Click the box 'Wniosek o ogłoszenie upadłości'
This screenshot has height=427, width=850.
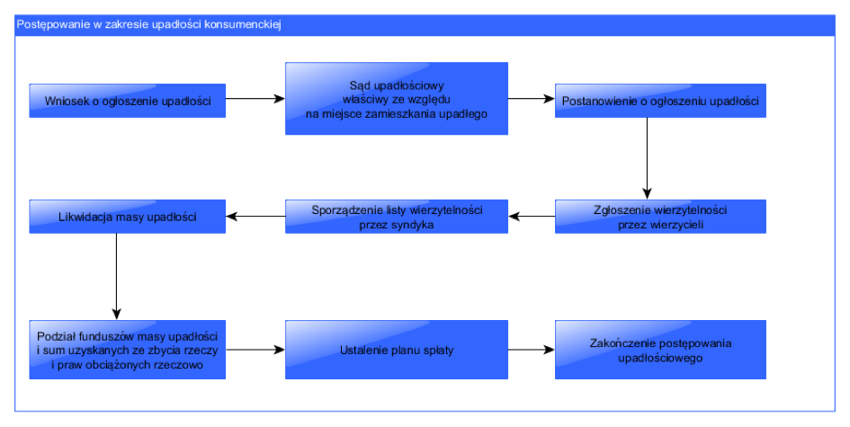pyautogui.click(x=128, y=101)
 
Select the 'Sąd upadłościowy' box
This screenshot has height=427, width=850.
pyautogui.click(x=397, y=99)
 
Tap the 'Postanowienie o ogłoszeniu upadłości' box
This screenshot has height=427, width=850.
pyautogui.click(x=660, y=101)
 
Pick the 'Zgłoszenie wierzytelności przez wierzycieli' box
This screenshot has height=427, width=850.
pyautogui.click(x=660, y=217)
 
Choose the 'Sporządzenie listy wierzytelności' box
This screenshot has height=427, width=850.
pyautogui.click(x=397, y=217)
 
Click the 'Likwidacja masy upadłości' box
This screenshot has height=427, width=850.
pyautogui.click(x=128, y=217)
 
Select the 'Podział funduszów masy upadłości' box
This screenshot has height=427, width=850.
pyautogui.click(x=128, y=350)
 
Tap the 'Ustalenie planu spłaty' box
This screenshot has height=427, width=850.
pyautogui.click(x=397, y=350)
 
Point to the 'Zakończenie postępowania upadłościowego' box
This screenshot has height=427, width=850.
pyautogui.click(x=660, y=350)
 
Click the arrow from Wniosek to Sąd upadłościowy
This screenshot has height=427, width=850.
pyautogui.click(x=255, y=99)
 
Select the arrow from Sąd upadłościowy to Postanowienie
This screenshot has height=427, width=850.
pyautogui.click(x=532, y=99)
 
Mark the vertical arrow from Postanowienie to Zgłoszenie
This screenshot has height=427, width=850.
pyautogui.click(x=647, y=159)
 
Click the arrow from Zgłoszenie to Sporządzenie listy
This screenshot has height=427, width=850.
pyautogui.click(x=532, y=217)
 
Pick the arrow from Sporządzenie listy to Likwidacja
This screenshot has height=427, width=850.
pyautogui.click(x=255, y=217)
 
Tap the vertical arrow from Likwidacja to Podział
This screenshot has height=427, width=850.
pyautogui.click(x=117, y=277)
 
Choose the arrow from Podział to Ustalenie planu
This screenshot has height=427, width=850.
pyautogui.click(x=255, y=350)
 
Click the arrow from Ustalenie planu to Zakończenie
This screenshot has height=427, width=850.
pyautogui.click(x=532, y=350)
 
